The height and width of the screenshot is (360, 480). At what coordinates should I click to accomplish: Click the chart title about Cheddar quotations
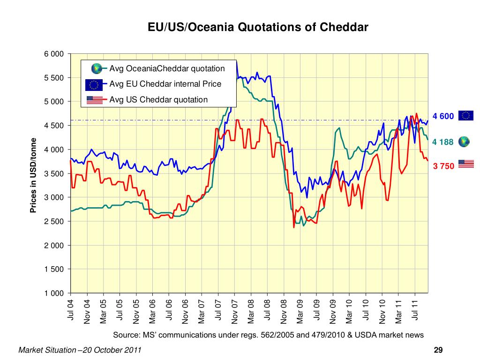pyautogui.click(x=258, y=27)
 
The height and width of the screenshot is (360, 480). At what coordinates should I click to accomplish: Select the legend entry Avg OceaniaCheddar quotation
pyautogui.click(x=167, y=68)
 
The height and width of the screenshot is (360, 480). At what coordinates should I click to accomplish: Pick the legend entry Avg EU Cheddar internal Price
pyautogui.click(x=165, y=84)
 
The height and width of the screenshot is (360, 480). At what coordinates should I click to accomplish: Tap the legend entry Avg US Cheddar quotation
pyautogui.click(x=158, y=99)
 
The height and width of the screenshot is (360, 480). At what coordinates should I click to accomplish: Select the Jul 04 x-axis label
pyautogui.click(x=71, y=310)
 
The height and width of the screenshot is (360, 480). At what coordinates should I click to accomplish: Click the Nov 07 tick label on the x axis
pyautogui.click(x=235, y=311)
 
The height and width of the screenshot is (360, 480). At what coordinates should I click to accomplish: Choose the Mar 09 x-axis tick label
pyautogui.click(x=300, y=311)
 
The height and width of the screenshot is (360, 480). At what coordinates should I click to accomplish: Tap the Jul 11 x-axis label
pyautogui.click(x=415, y=310)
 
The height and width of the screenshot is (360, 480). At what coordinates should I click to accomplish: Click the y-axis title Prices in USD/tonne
pyautogui.click(x=33, y=175)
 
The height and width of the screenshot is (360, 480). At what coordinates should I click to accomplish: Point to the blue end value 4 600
pyautogui.click(x=443, y=116)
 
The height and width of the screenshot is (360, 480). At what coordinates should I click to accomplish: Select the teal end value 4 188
pyautogui.click(x=443, y=142)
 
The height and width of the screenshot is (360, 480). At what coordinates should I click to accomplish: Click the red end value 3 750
pyautogui.click(x=443, y=166)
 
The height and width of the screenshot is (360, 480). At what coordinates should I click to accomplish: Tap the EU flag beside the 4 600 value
pyautogui.click(x=466, y=115)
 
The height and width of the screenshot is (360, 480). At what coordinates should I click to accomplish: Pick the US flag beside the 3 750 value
pyautogui.click(x=466, y=164)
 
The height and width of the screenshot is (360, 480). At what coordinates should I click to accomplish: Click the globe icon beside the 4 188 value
pyautogui.click(x=464, y=141)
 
